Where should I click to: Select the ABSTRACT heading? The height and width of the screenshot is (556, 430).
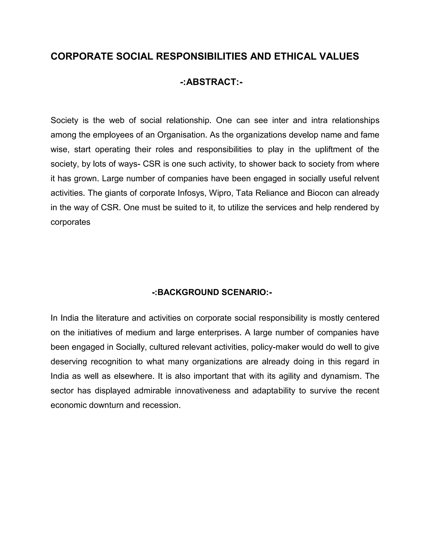(x=211, y=82)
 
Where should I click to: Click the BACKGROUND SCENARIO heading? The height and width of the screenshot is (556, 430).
(x=212, y=292)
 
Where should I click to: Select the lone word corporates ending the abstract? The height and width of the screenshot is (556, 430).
(x=70, y=222)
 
